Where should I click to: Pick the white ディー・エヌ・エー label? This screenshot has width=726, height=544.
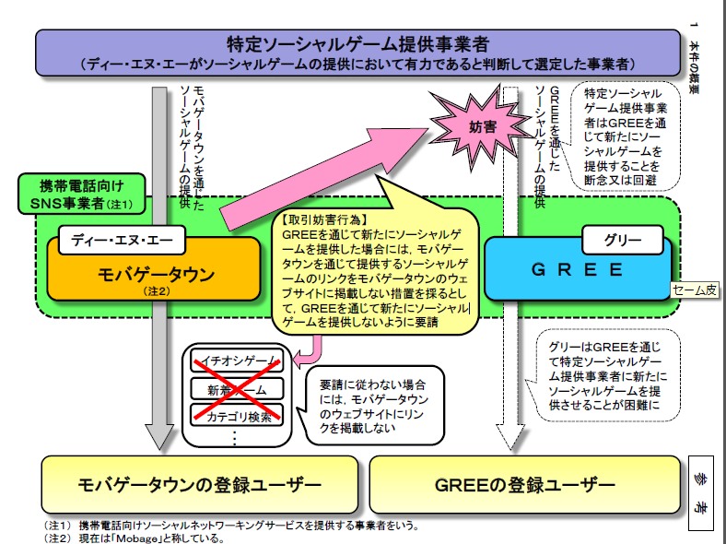(x=123, y=242)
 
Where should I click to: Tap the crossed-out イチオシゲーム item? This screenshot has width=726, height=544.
(x=236, y=361)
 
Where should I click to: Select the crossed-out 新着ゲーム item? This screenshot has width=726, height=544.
(x=236, y=389)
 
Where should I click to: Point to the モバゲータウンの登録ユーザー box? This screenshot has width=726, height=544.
(x=187, y=484)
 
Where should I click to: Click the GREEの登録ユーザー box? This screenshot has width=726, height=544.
(x=525, y=484)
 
